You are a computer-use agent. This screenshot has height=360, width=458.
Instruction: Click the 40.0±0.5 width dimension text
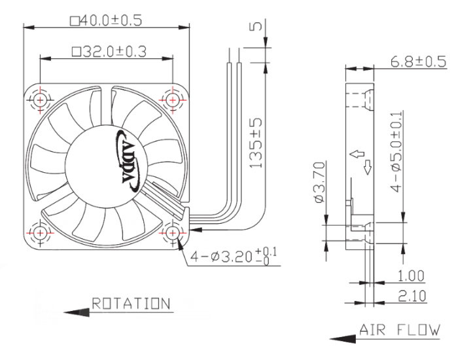tap(106, 20)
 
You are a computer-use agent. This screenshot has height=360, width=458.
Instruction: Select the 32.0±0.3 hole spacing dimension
tap(109, 52)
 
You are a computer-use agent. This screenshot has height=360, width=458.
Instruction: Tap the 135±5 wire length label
tap(256, 143)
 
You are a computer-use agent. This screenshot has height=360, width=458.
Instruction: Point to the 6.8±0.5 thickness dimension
tap(418, 62)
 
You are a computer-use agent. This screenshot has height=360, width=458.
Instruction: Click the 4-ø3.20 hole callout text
tap(234, 257)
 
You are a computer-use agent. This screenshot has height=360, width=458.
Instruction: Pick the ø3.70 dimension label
tap(319, 182)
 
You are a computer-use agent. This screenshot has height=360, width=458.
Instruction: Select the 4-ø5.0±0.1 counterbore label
tap(396, 152)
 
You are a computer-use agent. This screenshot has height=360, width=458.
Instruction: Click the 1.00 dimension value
tap(411, 276)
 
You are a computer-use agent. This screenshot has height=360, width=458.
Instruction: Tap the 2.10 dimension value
tap(412, 296)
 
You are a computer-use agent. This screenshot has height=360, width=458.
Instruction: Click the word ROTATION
tap(131, 304)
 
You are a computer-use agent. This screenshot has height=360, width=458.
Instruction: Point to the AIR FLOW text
tap(399, 330)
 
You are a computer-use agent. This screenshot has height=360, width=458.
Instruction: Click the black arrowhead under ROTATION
tap(77, 313)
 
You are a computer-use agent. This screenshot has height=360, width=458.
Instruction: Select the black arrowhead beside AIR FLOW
tap(343, 339)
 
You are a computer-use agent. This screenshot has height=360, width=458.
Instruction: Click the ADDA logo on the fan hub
tap(128, 161)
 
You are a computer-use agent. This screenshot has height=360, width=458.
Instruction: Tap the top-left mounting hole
tap(40, 100)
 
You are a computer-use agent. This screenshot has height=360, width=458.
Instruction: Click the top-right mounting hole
tap(172, 100)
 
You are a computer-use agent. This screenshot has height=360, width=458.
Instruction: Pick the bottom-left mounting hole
tap(40, 233)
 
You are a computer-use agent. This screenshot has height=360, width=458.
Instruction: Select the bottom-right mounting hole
tap(172, 233)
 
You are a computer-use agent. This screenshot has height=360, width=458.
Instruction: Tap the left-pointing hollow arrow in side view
tap(357, 154)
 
